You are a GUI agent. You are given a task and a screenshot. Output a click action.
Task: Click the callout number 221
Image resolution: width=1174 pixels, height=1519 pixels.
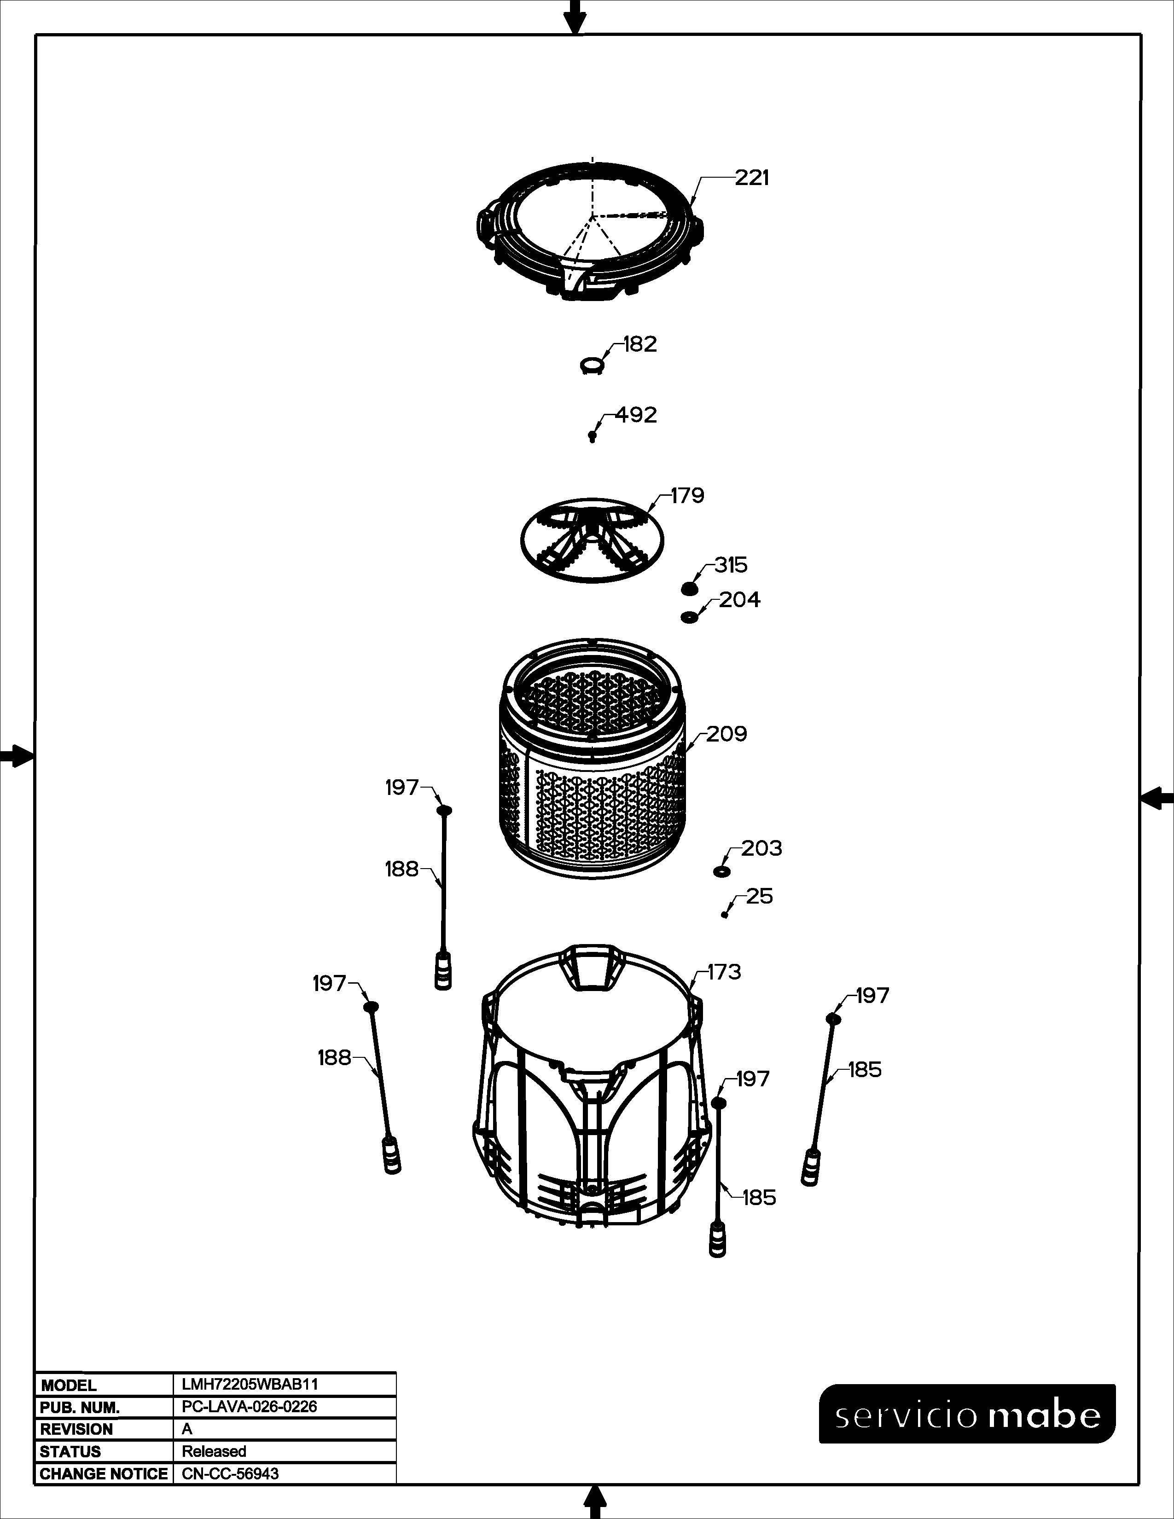[x=753, y=179]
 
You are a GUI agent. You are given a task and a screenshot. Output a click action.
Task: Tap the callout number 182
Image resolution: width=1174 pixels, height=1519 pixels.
[x=640, y=344]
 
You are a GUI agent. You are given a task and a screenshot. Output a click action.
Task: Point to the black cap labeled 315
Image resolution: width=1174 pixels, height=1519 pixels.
[x=689, y=589]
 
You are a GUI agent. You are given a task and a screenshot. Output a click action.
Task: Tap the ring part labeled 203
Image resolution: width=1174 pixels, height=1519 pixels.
[x=721, y=871]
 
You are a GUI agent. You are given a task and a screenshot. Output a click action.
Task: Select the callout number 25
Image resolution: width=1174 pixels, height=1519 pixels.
[x=760, y=897]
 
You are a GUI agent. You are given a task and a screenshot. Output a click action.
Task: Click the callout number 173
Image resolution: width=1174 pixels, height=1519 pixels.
[x=725, y=972]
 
